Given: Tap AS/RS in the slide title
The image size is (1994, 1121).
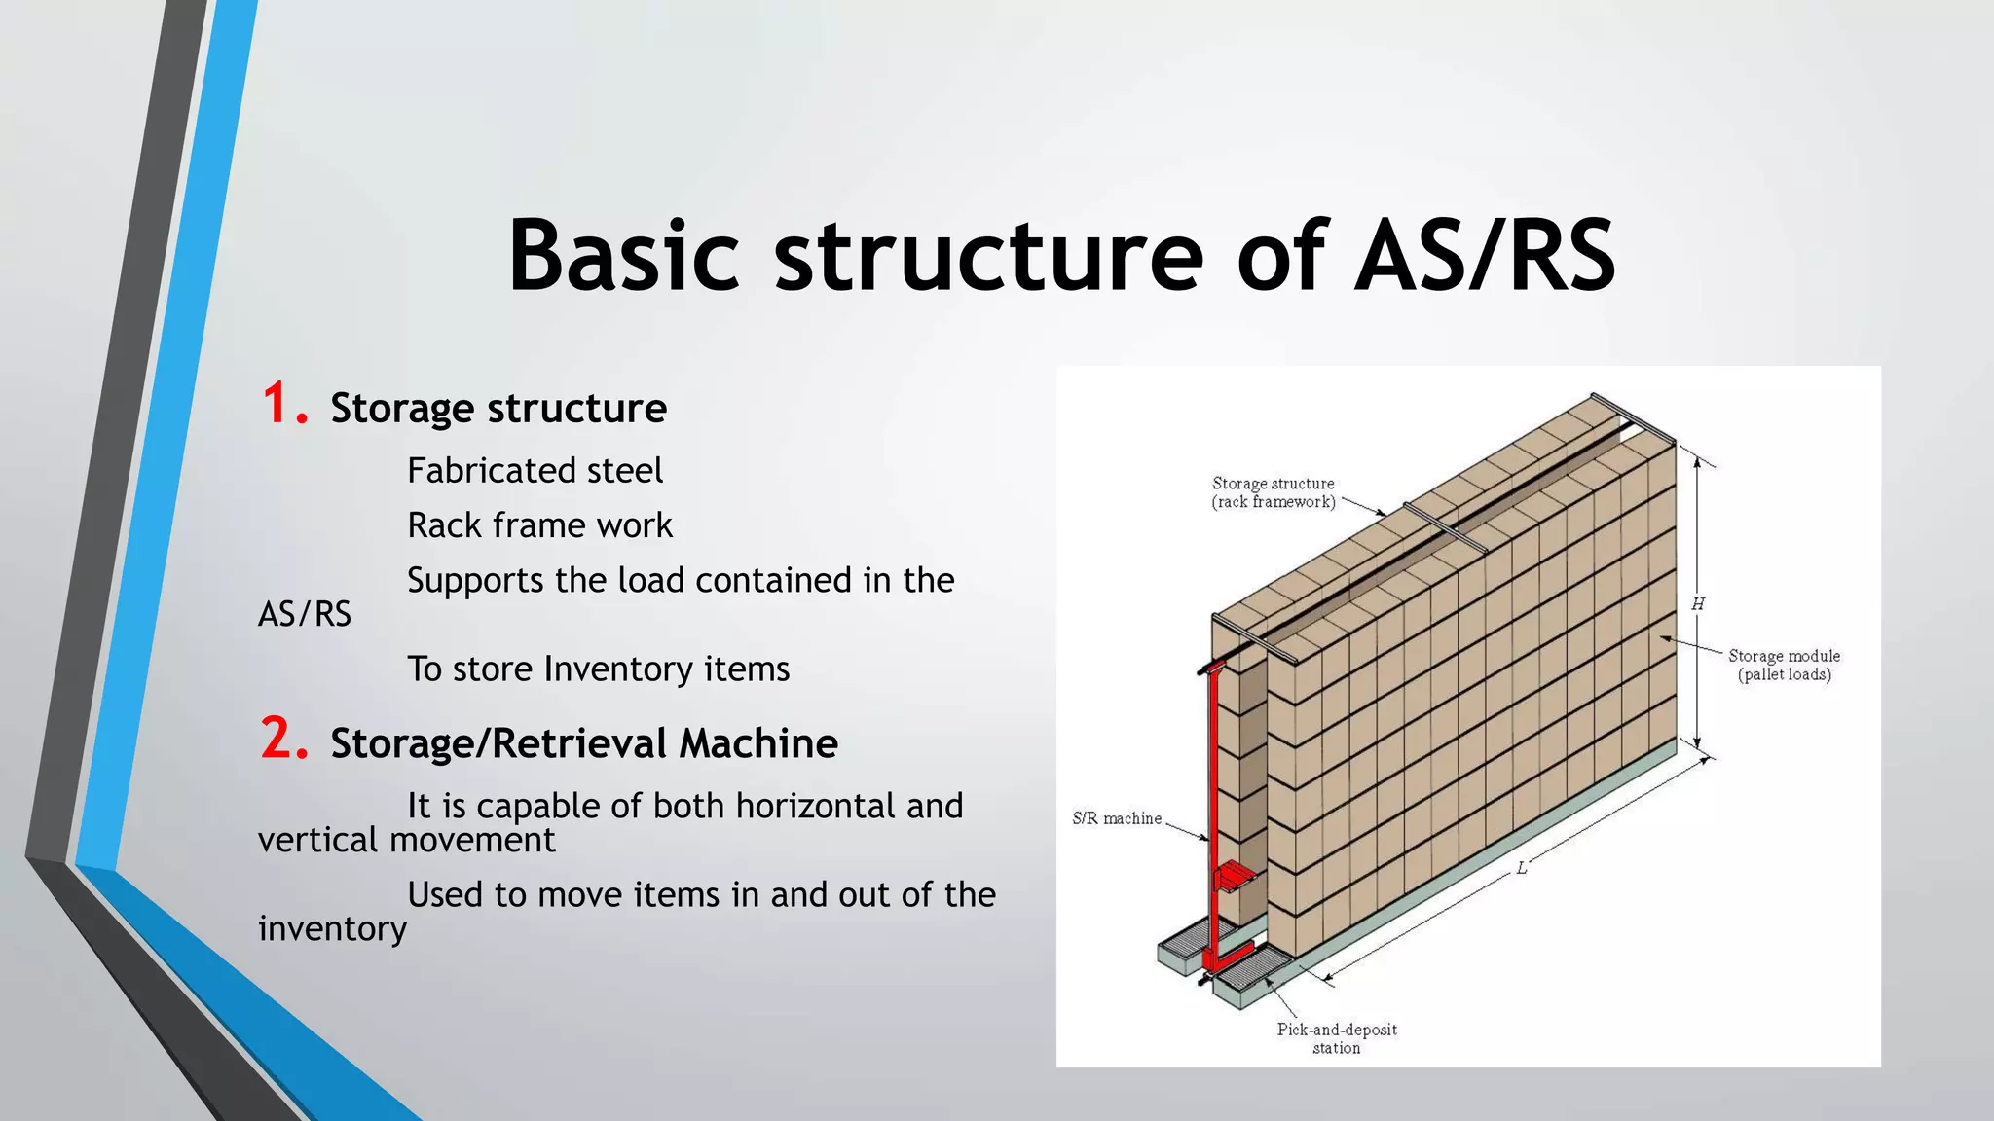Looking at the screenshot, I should click(x=1485, y=255).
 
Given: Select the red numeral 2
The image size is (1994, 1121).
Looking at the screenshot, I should click(x=283, y=739).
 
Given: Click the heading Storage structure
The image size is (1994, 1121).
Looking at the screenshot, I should click(x=498, y=409).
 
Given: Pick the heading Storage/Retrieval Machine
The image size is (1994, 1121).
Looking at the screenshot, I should click(x=584, y=743).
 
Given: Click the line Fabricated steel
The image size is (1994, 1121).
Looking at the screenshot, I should click(x=535, y=471).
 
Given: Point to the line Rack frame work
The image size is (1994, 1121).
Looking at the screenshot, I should click(x=539, y=525).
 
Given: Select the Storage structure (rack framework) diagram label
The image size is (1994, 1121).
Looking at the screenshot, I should click(x=1274, y=492).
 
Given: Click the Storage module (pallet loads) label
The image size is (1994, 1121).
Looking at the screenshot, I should click(x=1784, y=665).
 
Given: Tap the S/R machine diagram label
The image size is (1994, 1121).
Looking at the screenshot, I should click(x=1117, y=818).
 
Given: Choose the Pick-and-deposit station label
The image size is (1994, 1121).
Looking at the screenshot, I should click(x=1337, y=1037).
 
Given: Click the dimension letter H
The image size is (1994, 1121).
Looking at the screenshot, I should click(x=1698, y=604).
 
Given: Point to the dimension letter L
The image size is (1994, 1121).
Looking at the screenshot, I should click(x=1522, y=868).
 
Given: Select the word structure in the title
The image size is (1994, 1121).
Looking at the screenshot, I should click(x=988, y=255).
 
